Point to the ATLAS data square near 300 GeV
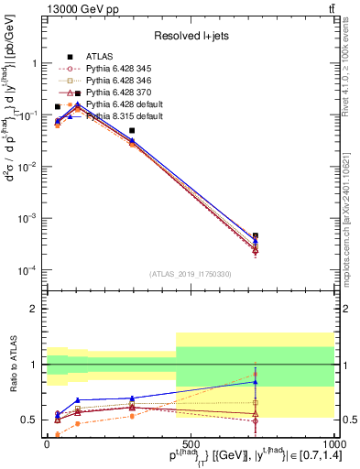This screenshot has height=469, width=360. pos(132,131)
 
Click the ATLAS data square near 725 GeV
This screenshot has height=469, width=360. pos(256,235)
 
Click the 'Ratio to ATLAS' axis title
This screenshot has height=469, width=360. pos(12,365)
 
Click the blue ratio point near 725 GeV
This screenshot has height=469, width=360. pos(256,382)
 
